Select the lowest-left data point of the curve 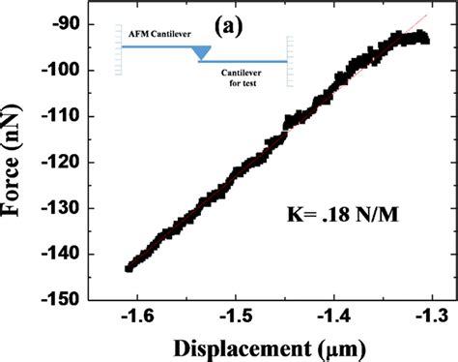tap(129, 268)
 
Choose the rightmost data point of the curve tap(425, 39)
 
